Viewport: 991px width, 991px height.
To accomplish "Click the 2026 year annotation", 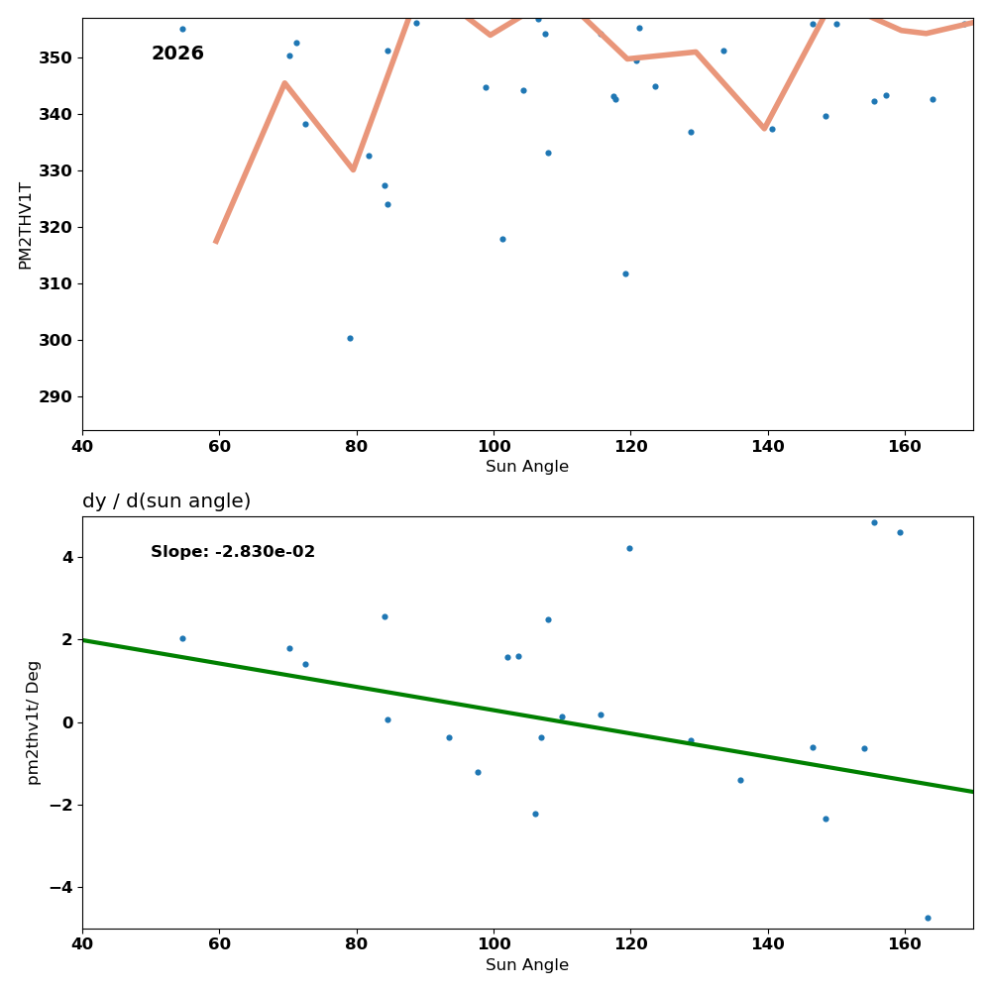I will point(177,54).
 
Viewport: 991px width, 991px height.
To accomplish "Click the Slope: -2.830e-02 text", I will point(233,552).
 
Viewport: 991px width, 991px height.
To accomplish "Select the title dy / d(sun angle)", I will point(166,501).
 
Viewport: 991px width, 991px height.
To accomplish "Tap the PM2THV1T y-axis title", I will point(26,225).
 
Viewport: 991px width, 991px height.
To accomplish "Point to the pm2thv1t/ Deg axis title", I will point(34,722).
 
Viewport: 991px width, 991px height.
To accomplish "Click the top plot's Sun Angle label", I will point(527,467).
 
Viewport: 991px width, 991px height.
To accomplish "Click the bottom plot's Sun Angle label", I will point(527,965).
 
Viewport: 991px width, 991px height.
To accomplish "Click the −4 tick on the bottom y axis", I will point(60,887).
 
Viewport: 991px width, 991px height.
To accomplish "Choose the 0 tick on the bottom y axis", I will point(66,722).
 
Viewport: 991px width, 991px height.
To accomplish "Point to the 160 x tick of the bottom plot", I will point(905,943).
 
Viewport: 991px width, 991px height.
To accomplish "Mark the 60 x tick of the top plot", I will point(219,446).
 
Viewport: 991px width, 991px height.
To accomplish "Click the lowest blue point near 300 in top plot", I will point(350,338).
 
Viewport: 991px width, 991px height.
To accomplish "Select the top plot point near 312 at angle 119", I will point(625,274).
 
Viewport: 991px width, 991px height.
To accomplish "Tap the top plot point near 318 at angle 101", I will point(502,239).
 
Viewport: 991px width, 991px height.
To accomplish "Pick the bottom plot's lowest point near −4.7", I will point(928,918).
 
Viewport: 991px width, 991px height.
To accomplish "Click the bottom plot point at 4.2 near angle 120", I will point(629,548).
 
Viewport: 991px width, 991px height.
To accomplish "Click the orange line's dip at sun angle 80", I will point(353,169).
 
